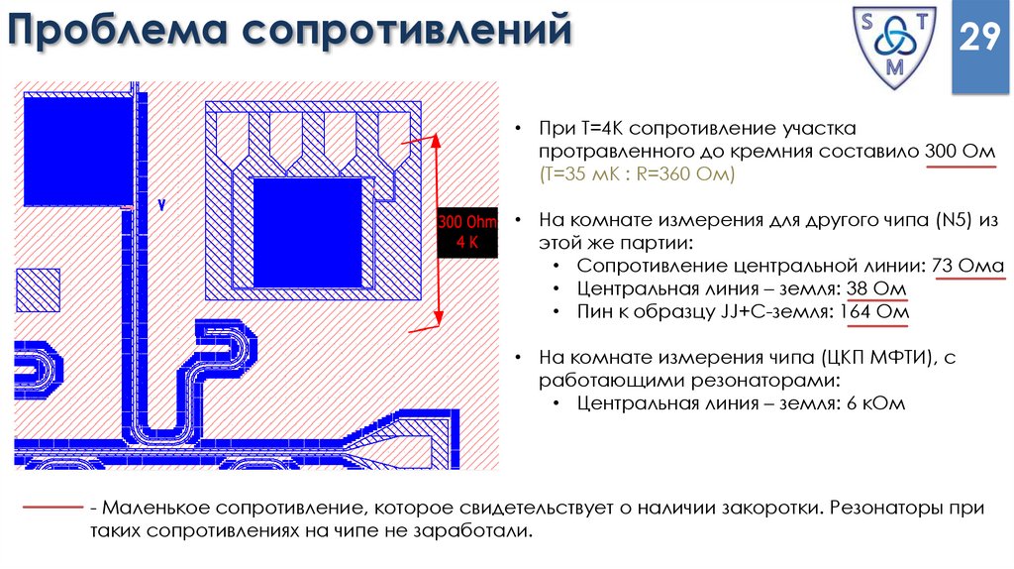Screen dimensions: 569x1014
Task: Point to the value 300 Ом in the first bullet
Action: (x=959, y=152)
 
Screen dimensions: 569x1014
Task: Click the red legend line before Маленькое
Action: (x=51, y=508)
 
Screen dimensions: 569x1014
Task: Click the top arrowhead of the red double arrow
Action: (x=434, y=141)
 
